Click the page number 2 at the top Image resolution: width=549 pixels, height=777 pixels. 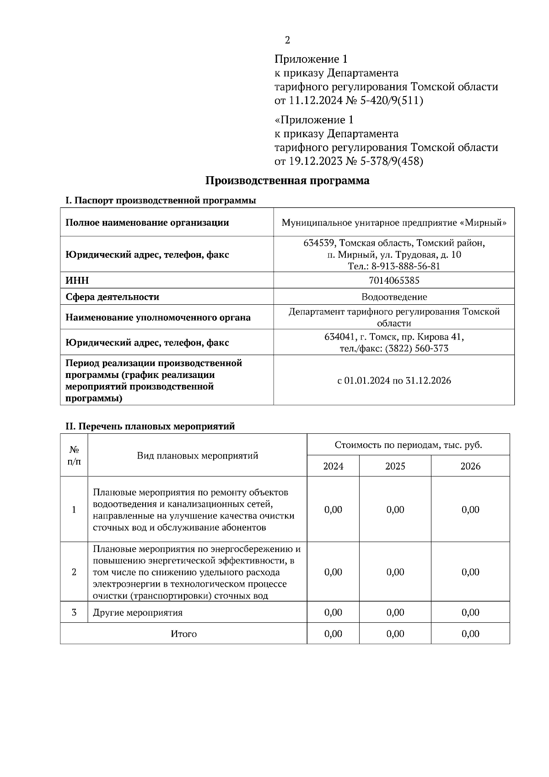[x=287, y=40]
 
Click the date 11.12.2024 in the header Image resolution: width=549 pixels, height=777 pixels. [x=315, y=101]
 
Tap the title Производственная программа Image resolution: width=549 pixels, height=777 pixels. [x=287, y=181]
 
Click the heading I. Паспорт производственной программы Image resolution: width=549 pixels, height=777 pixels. [x=161, y=200]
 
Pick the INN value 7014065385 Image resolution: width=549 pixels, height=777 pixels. [x=394, y=280]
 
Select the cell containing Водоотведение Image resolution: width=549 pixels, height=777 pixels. [x=394, y=297]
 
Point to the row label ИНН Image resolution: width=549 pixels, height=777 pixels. [x=77, y=280]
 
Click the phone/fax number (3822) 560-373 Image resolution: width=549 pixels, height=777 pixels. [x=417, y=349]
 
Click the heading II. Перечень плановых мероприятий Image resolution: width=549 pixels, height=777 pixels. [x=150, y=426]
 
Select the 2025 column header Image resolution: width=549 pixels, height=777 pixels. [x=395, y=466]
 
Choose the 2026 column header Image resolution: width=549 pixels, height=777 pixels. [x=470, y=466]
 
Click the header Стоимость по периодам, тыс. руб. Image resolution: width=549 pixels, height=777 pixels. [x=408, y=445]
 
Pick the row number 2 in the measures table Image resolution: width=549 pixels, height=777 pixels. [x=74, y=572]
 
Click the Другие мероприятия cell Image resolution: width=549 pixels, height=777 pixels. [x=138, y=613]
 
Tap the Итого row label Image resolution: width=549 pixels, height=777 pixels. [x=184, y=634]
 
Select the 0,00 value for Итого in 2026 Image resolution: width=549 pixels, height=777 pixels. [x=470, y=634]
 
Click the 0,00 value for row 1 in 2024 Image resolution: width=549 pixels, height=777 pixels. [x=333, y=510]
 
